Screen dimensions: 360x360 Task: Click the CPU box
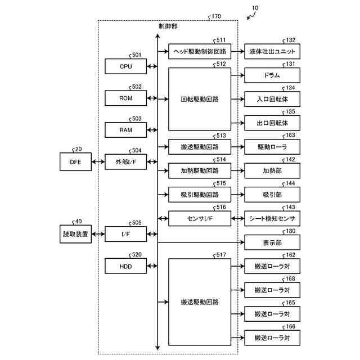click(125, 66)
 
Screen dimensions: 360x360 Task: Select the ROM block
click(125, 98)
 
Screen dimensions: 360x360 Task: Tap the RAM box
click(125, 130)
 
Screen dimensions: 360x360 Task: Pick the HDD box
click(125, 266)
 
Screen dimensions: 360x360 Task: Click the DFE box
click(75, 162)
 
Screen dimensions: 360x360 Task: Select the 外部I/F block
click(125, 162)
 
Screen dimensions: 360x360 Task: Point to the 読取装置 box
click(75, 234)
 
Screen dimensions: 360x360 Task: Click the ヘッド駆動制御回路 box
click(200, 51)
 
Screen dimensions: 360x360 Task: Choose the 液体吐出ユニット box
click(272, 51)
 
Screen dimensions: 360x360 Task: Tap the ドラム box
click(272, 75)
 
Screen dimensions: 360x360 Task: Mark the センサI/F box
click(200, 219)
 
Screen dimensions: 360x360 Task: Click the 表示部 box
click(272, 242)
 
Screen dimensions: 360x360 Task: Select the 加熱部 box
click(272, 171)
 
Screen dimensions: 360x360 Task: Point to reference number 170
click(216, 16)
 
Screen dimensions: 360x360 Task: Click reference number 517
click(221, 255)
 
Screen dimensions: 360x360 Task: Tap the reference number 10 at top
click(255, 8)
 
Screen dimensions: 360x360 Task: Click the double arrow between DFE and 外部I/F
click(98, 162)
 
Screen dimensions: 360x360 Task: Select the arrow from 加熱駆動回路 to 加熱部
click(237, 171)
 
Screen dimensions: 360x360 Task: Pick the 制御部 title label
click(168, 26)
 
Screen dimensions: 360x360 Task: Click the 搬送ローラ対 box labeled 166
click(272, 337)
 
